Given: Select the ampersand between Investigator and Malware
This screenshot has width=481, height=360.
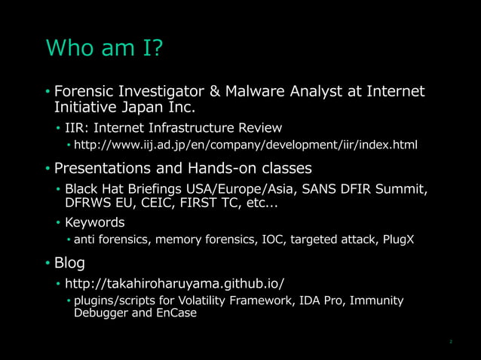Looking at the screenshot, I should pos(213,93).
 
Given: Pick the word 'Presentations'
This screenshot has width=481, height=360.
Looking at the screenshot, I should pos(109,167).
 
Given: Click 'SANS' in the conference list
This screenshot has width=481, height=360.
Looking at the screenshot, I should pos(299,188).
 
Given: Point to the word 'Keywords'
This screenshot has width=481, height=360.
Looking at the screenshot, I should pos(95,222).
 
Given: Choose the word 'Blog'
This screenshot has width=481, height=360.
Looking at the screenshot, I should pos(69,263).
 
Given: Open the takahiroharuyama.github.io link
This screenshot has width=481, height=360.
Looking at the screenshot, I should pos(175,283).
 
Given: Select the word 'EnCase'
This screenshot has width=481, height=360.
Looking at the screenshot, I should pos(177,313).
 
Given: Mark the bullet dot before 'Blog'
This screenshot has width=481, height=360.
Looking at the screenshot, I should pos(47,264).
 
